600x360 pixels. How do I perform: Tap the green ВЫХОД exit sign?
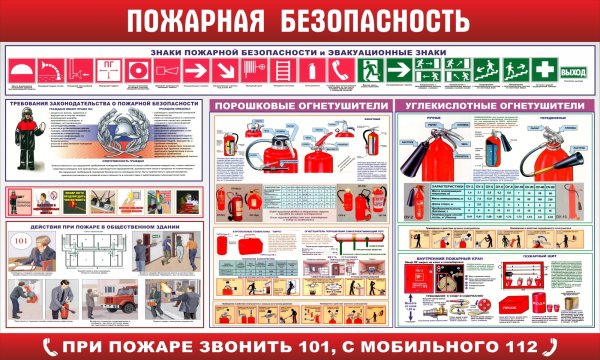[573, 72]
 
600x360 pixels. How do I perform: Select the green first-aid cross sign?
[543, 72]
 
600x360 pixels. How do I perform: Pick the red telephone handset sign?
[340, 72]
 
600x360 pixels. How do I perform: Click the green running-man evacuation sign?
[370, 72]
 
